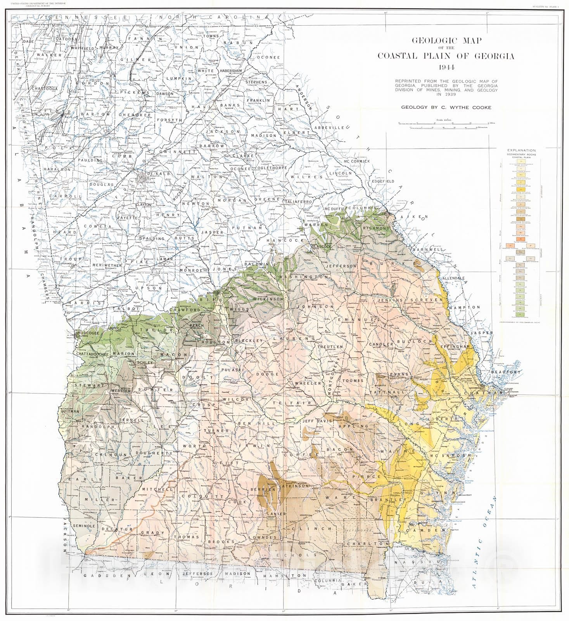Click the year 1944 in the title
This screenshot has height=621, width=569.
[x=446, y=67]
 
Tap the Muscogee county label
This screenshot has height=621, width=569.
[x=89, y=333]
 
